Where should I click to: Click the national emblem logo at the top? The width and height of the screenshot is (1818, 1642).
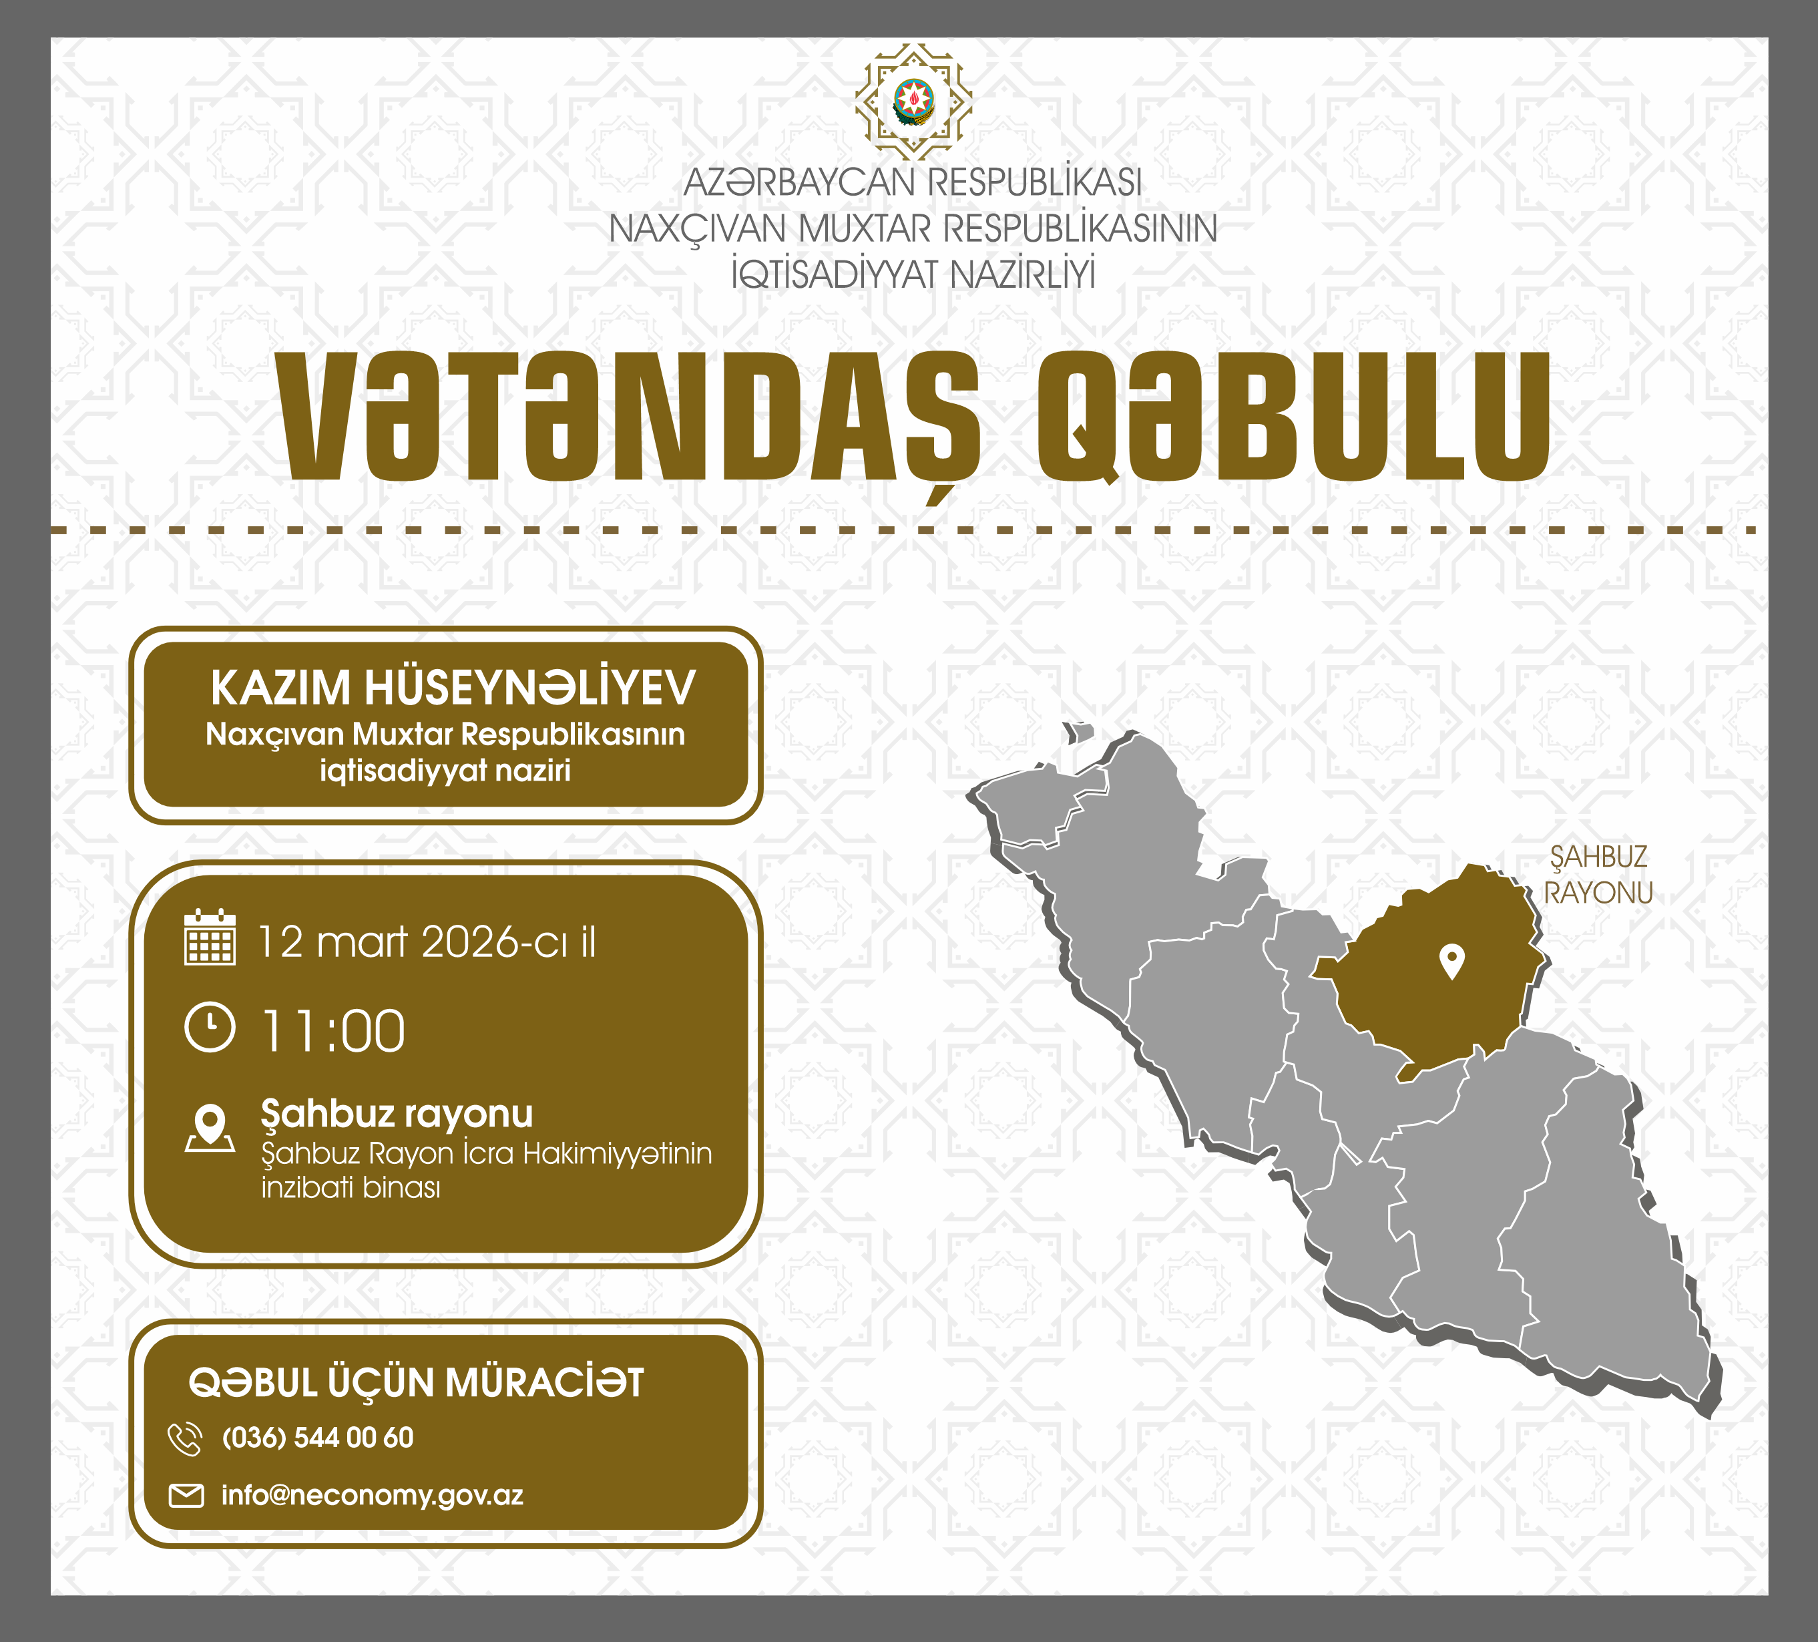coord(913,102)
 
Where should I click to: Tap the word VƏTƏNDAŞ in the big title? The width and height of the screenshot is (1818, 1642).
coord(628,417)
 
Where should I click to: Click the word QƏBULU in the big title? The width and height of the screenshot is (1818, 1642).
coord(1293,416)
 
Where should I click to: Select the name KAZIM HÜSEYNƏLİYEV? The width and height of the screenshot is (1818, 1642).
coord(453,688)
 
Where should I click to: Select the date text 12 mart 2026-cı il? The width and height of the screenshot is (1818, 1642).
coord(427,942)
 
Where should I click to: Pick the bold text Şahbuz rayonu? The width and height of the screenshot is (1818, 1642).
coord(397,1115)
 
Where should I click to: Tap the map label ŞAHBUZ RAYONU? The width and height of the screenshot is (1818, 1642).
coord(1598,875)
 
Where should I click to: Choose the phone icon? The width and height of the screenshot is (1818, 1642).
coord(185,1440)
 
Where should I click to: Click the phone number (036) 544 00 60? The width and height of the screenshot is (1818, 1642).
coord(317,1437)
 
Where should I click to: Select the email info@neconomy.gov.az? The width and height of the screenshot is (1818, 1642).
coord(373,1496)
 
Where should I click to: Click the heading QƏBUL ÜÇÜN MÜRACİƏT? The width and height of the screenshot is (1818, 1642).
coord(416,1383)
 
